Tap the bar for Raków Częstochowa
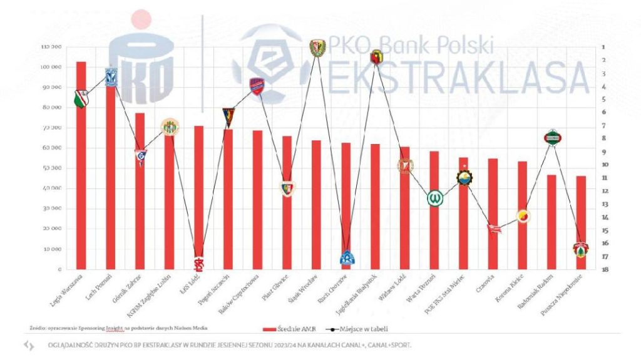click(x=257, y=200)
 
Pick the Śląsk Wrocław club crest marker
click(x=317, y=48)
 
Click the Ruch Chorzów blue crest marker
click(x=347, y=257)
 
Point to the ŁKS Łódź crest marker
click(x=198, y=265)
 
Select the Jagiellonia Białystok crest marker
click(x=377, y=58)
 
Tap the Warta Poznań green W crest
click(x=435, y=198)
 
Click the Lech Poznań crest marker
click(x=111, y=76)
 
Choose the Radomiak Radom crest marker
click(x=551, y=136)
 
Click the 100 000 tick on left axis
click(x=51, y=67)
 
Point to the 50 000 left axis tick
click(x=52, y=168)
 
